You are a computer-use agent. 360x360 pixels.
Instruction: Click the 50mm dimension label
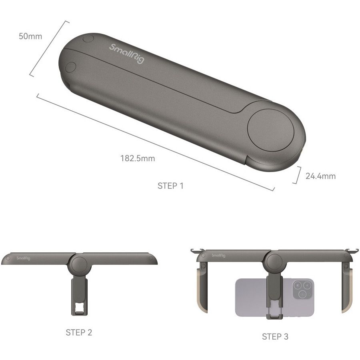coord(30,36)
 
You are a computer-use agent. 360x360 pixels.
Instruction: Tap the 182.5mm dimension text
coord(138,158)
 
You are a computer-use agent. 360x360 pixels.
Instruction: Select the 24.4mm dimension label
coord(320,176)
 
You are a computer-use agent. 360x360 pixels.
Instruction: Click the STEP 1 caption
coord(170,186)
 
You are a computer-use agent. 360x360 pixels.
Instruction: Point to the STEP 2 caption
coord(79,332)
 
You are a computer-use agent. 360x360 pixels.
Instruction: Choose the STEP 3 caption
coord(275,336)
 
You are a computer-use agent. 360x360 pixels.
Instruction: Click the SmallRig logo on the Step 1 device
coord(127,54)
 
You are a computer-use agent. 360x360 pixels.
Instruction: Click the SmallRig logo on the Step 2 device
coord(23,258)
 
